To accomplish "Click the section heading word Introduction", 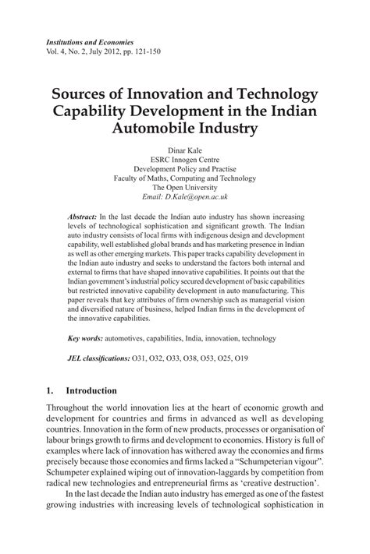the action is click(x=91, y=390).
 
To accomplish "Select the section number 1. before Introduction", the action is click(x=50, y=390).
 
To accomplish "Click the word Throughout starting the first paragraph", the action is click(x=71, y=408).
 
